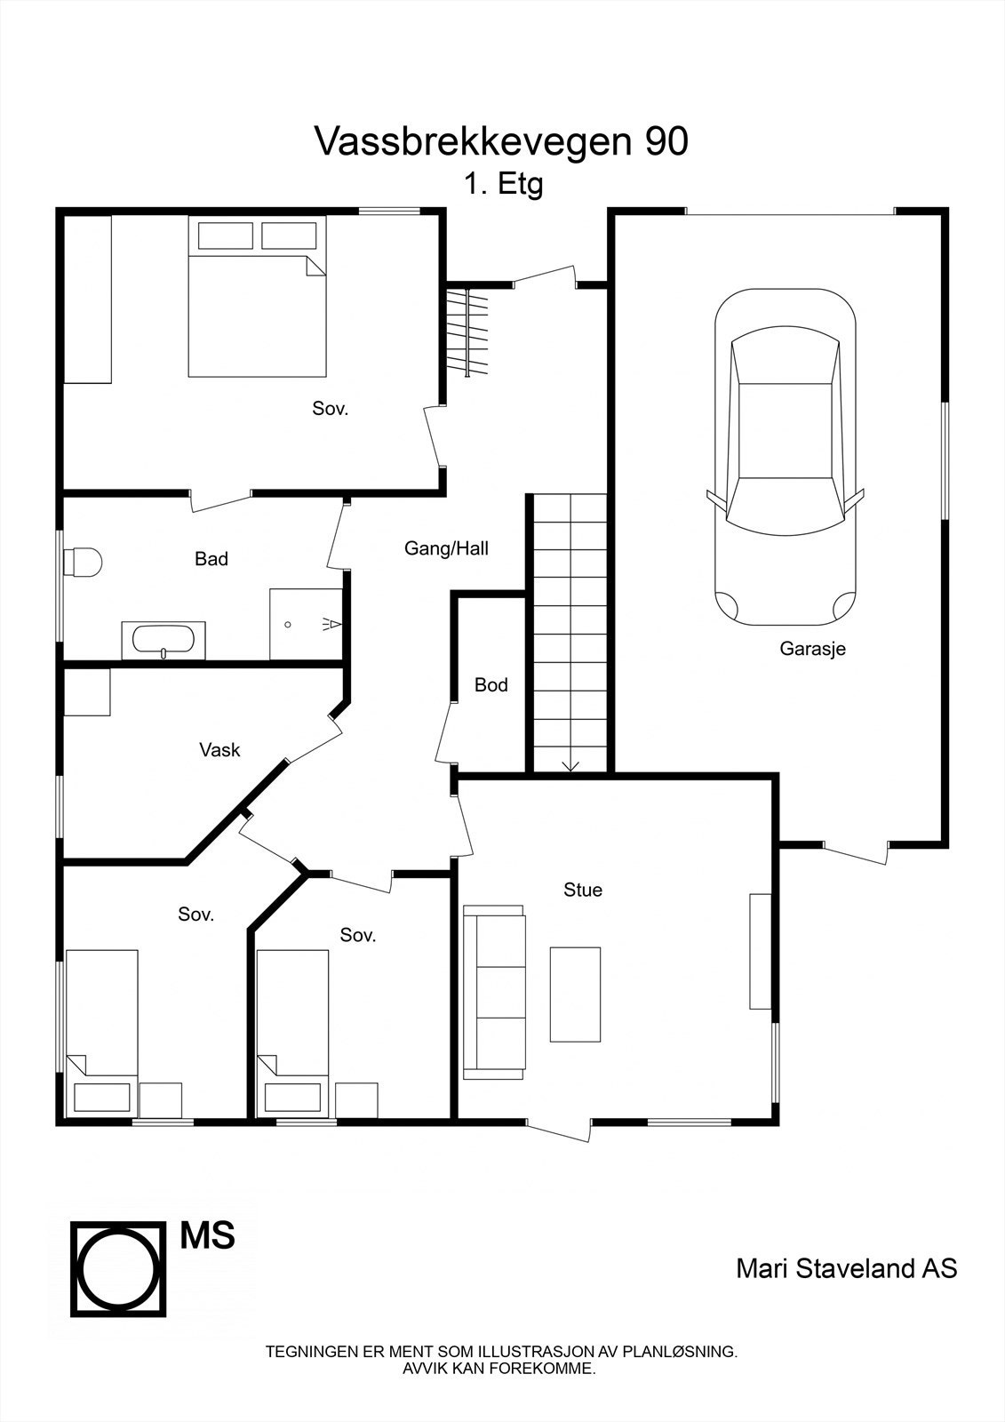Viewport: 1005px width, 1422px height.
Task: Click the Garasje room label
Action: pos(812,649)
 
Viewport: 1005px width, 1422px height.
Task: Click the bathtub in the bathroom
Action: pos(164,640)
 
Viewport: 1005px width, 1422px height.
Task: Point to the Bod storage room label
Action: pos(491,685)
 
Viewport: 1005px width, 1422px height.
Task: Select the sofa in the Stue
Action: pos(494,992)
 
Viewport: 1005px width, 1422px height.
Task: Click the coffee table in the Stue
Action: pos(575,994)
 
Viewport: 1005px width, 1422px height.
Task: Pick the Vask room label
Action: pos(219,750)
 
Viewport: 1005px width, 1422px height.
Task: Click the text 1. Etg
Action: pos(502,185)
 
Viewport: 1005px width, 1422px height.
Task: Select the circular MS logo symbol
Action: pos(118,1269)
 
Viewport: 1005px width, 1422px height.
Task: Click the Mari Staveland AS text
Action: pos(846,1268)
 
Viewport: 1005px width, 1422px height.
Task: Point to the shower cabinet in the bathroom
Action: pos(306,623)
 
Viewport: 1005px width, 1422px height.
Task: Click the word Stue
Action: pos(583,890)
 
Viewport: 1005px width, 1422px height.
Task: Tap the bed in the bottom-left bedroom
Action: pos(102,1031)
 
